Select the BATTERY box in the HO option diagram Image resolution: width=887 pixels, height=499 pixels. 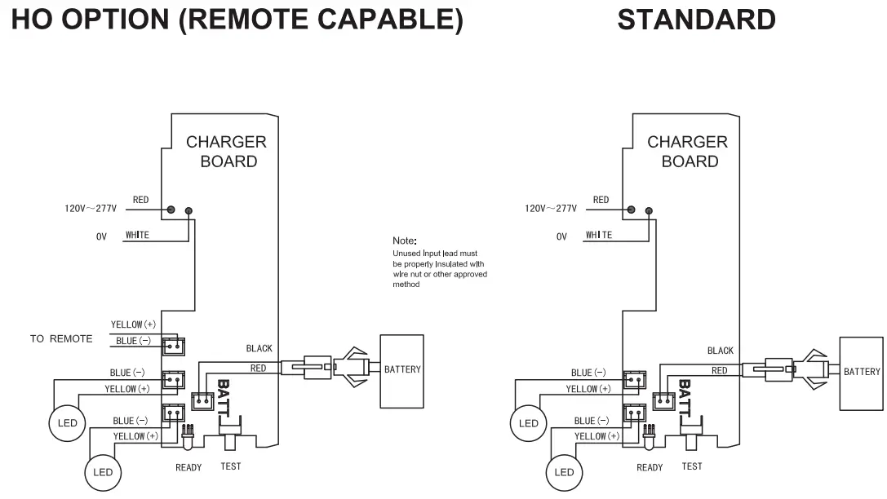401,371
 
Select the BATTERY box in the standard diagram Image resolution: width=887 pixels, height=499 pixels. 862,373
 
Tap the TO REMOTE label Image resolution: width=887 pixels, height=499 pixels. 61,339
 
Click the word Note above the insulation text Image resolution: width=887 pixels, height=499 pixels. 405,241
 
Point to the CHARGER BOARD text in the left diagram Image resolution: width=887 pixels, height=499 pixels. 227,152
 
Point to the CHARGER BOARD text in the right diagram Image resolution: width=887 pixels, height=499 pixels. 688,152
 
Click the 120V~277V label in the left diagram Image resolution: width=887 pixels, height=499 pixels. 91,209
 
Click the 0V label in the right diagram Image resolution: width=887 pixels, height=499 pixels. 561,236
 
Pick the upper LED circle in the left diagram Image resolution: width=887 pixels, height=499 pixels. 67,423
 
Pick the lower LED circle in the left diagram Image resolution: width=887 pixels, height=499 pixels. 103,472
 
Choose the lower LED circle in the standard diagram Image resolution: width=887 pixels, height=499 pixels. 564,472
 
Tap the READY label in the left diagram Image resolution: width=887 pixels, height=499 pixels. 188,468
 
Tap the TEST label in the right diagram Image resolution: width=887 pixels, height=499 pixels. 691,466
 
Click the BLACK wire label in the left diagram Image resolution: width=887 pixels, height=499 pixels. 259,349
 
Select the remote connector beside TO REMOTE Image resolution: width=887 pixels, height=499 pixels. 172,345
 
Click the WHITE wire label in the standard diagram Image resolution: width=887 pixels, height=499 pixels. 598,236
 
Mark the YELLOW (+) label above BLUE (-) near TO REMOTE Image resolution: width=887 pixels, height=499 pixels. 132,325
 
